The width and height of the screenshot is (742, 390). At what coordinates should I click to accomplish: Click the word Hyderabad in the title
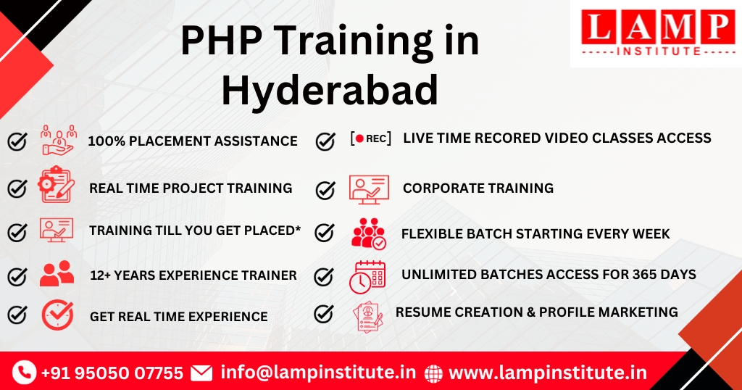(330, 90)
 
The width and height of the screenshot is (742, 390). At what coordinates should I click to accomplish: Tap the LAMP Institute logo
(656, 33)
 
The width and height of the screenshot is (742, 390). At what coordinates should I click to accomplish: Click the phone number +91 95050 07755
(112, 373)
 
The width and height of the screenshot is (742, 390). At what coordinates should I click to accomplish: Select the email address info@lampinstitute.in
(318, 372)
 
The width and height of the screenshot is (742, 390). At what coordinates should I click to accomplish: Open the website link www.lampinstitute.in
(548, 373)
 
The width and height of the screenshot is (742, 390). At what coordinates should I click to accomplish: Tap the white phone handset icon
(24, 372)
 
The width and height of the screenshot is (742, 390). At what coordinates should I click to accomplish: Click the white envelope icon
(201, 373)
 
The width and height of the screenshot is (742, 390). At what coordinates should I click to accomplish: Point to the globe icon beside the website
(433, 373)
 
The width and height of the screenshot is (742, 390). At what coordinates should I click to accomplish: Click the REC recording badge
(370, 138)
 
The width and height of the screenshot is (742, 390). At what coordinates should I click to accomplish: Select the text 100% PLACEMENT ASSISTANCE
(193, 141)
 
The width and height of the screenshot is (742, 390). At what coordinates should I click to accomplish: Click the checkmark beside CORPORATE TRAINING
(325, 190)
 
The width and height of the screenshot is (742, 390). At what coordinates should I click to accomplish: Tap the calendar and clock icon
(367, 277)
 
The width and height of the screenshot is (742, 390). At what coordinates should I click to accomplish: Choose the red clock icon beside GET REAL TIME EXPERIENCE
(57, 315)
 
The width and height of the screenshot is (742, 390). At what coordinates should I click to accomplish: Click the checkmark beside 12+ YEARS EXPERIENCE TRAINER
(17, 276)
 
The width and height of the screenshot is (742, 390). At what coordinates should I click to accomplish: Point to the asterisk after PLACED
(298, 228)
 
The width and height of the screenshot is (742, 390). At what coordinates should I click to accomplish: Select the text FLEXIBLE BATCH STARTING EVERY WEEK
(535, 234)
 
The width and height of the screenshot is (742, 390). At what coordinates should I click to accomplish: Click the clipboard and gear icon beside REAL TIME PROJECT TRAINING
(57, 184)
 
